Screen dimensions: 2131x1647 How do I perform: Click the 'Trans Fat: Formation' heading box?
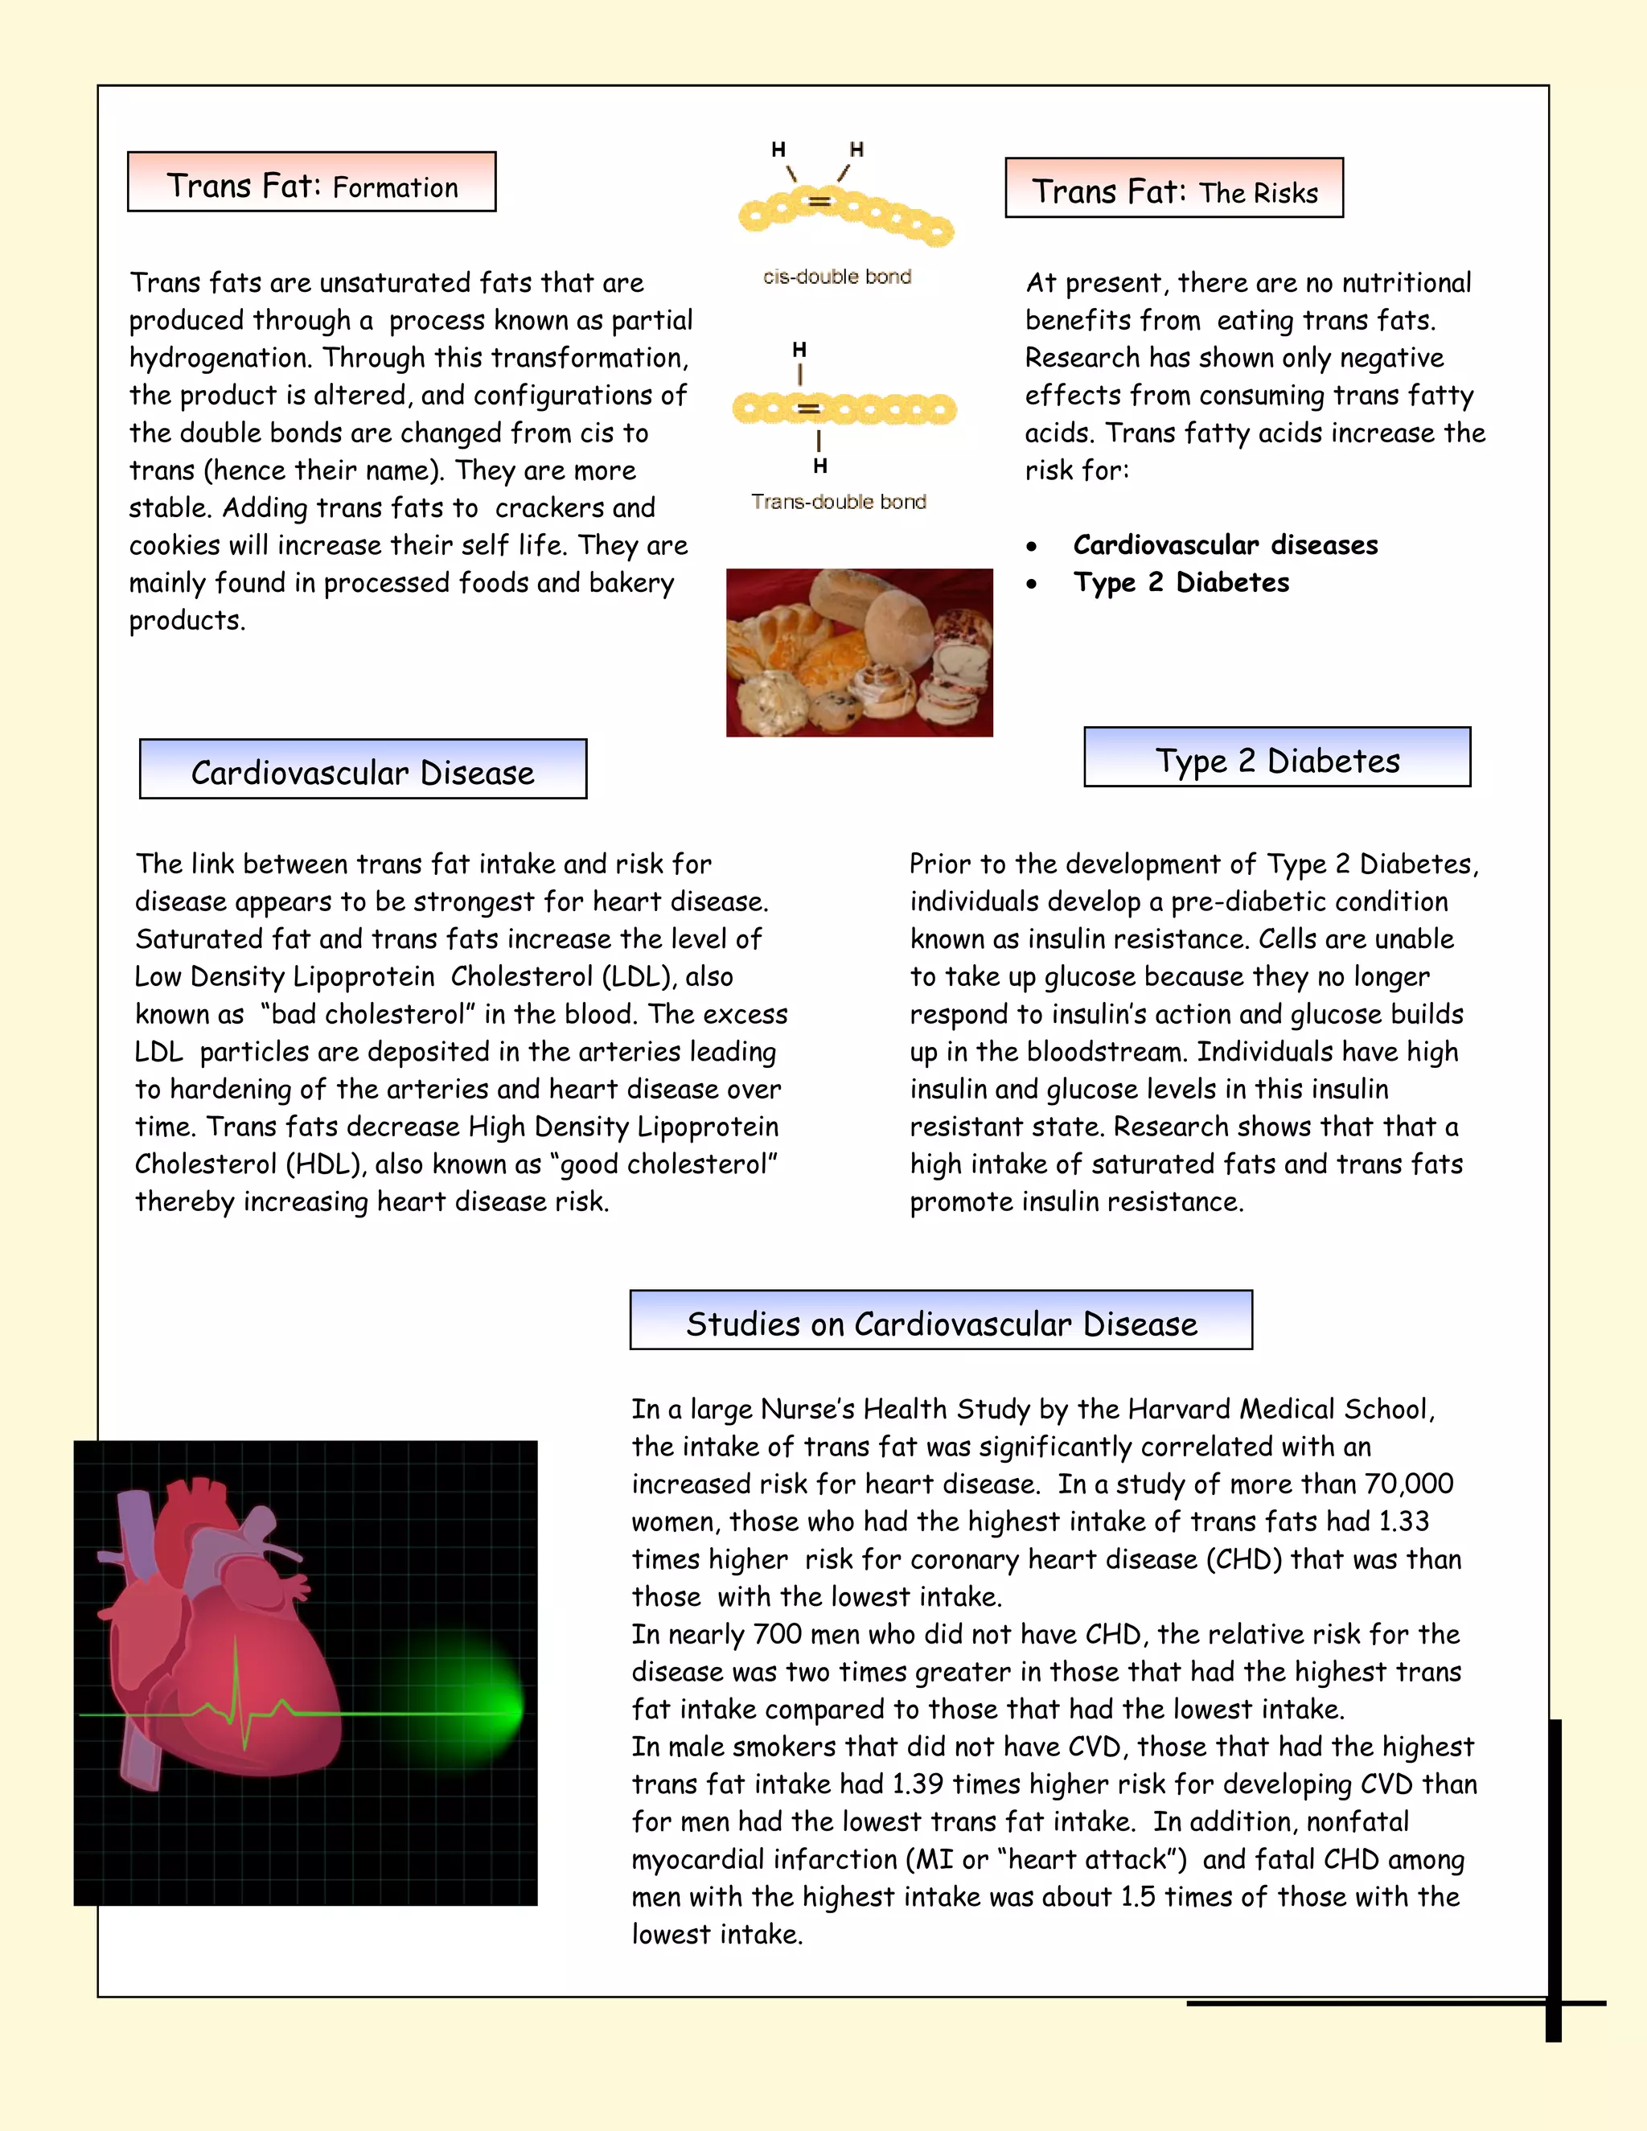click(x=311, y=183)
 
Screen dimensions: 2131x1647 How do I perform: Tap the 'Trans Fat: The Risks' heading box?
click(x=1174, y=188)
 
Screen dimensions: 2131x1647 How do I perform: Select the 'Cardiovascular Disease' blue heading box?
click(x=362, y=770)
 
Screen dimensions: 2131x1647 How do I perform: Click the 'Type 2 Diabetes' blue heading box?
click(x=1276, y=758)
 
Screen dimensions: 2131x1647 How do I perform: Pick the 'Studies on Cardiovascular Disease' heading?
click(x=941, y=1321)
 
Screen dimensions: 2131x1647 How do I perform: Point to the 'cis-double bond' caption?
click(x=836, y=277)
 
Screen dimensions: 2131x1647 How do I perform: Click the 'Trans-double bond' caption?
click(x=838, y=502)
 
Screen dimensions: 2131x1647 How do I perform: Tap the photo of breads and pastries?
click(x=859, y=652)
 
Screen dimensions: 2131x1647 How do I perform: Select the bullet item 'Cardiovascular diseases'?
click(x=1225, y=544)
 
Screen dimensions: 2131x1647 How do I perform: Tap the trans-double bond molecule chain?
click(x=844, y=409)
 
